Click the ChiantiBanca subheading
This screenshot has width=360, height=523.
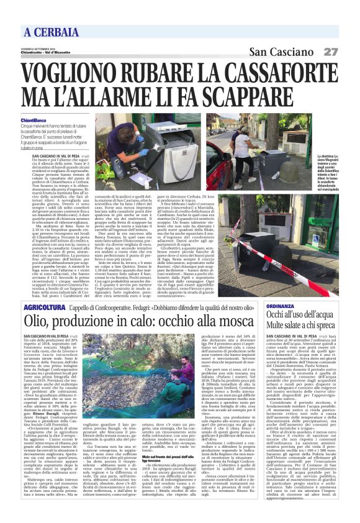point(34,119)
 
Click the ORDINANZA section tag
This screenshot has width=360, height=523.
point(284,307)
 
